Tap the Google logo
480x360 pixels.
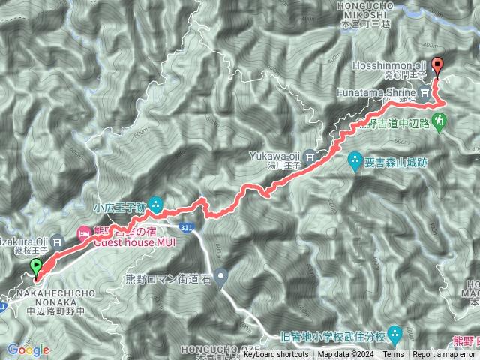click(x=28, y=349)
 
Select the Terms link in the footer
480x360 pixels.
click(x=393, y=355)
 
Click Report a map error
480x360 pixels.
click(x=444, y=355)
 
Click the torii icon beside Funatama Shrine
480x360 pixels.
click(x=425, y=93)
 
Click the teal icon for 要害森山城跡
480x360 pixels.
click(x=355, y=160)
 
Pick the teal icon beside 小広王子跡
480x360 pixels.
click(x=155, y=203)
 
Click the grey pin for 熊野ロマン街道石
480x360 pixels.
click(x=220, y=279)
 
